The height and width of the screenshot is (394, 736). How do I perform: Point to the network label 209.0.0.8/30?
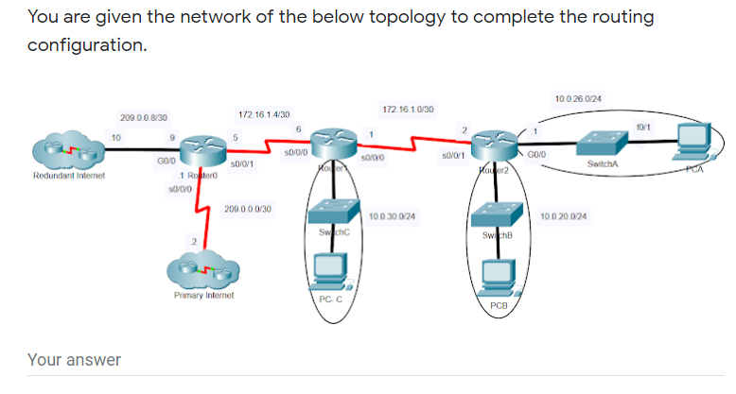[x=145, y=117]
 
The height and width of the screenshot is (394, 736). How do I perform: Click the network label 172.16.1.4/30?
[x=264, y=113]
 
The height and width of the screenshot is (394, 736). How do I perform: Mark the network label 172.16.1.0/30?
[x=408, y=110]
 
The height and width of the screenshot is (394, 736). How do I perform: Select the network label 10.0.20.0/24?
[x=564, y=216]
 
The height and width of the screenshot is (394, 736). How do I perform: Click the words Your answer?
[x=74, y=359]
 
